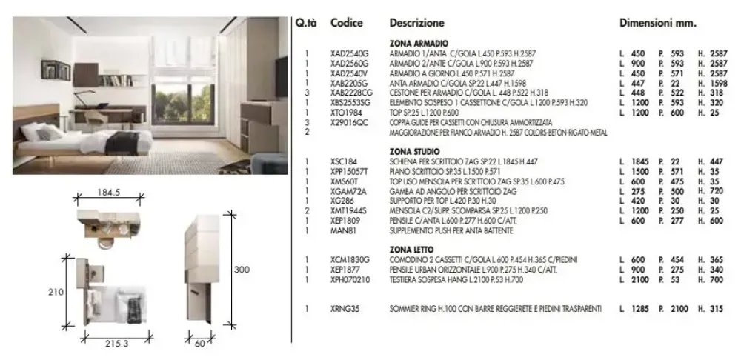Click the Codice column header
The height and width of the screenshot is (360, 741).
pyautogui.click(x=347, y=22)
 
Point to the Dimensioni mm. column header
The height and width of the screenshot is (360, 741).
pyautogui.click(x=657, y=22)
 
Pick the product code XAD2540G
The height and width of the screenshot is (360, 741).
pyautogui.click(x=349, y=53)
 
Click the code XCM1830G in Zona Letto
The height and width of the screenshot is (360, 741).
pyautogui.click(x=350, y=259)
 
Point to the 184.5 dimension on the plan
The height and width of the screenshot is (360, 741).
pyautogui.click(x=108, y=192)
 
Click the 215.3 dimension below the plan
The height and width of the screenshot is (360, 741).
pyautogui.click(x=116, y=344)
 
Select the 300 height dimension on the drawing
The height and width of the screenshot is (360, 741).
pyautogui.click(x=242, y=270)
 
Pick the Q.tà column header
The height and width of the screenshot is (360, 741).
pyautogui.click(x=305, y=22)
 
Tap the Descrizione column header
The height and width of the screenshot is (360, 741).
pyautogui.click(x=416, y=22)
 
